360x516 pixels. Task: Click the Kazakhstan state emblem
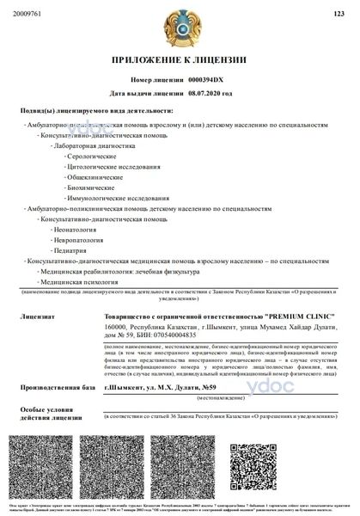click(x=180, y=28)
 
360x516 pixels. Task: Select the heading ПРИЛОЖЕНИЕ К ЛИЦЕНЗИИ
click(x=180, y=60)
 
